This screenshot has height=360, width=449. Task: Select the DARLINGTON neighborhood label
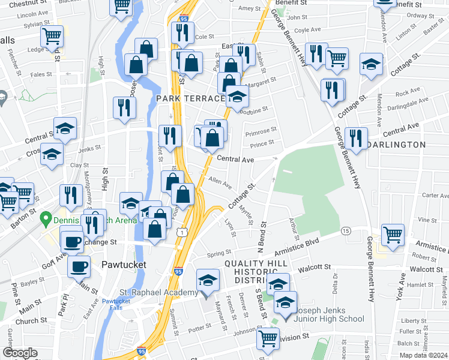396,145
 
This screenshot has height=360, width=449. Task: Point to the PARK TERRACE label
190,98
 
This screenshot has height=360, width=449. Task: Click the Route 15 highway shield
345,230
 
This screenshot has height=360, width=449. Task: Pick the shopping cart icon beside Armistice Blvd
393,234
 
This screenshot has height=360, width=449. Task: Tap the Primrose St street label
261,129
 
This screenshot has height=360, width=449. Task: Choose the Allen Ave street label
220,181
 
